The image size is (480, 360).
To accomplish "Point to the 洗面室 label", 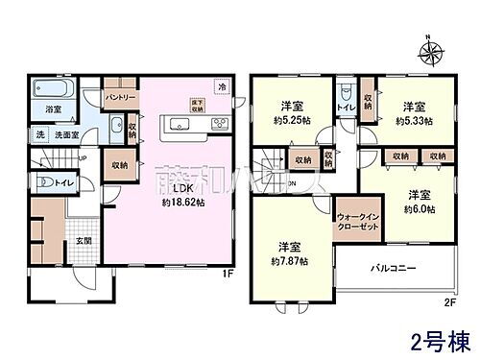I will pos(64,135).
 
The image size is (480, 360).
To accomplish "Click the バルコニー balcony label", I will pos(393,270).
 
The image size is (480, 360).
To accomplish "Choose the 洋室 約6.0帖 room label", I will pos(420,200).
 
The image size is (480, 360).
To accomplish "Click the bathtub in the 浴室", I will pos(52,93).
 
